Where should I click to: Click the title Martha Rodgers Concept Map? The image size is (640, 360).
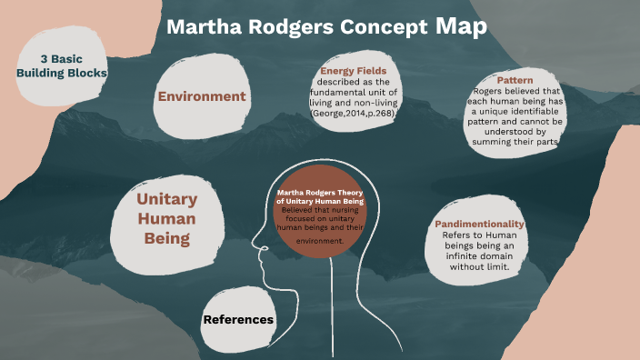tap(326, 26)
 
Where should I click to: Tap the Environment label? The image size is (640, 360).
tap(202, 96)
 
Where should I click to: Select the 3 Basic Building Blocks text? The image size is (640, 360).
tap(61, 65)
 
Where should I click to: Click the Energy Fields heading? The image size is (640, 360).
tap(354, 71)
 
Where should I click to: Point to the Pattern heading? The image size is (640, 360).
tap(515, 80)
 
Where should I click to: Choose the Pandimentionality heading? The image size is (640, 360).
tap(479, 224)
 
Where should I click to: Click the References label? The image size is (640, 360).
tap(238, 319)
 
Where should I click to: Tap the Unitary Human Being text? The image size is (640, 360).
tap(167, 219)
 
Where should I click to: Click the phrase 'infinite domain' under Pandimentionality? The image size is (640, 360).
tap(478, 256)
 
